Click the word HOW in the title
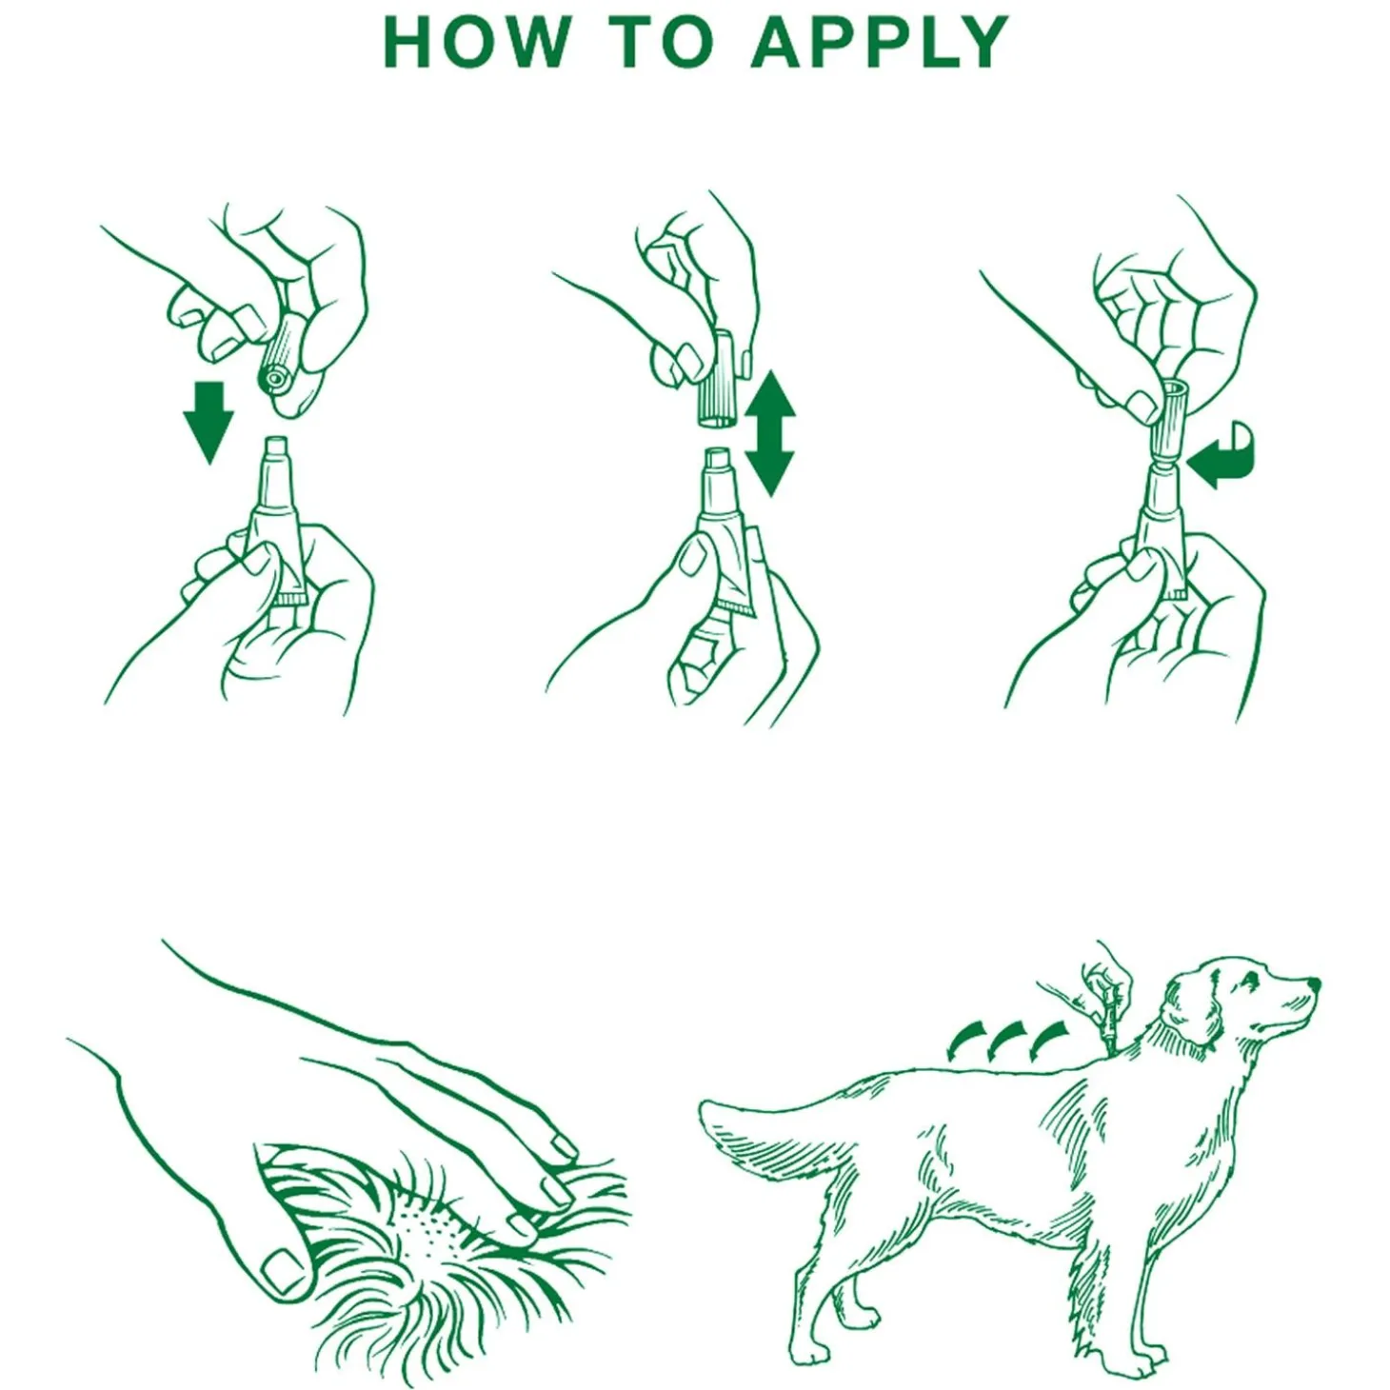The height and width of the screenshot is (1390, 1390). [x=477, y=42]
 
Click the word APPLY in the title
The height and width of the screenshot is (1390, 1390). [x=879, y=42]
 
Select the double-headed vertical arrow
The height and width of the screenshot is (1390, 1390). [x=769, y=433]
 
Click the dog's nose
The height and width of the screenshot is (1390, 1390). [x=1313, y=983]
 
